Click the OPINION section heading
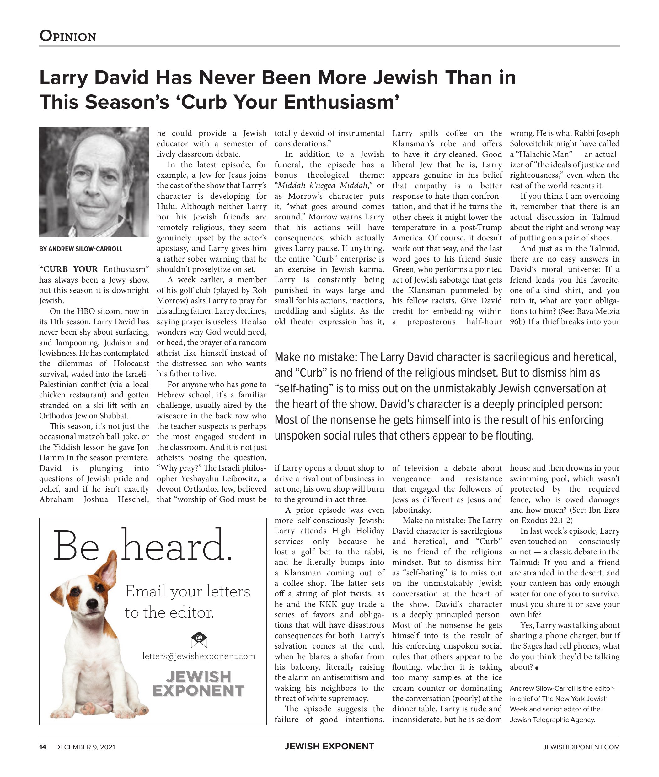click(x=68, y=36)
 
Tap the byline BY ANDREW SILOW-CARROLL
click(x=81, y=249)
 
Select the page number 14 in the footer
click(x=43, y=747)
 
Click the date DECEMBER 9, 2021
click(x=85, y=747)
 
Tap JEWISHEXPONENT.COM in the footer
click(x=581, y=747)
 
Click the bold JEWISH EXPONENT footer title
click(x=329, y=746)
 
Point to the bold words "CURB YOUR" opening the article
click(x=69, y=269)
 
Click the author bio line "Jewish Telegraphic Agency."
click(x=552, y=720)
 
